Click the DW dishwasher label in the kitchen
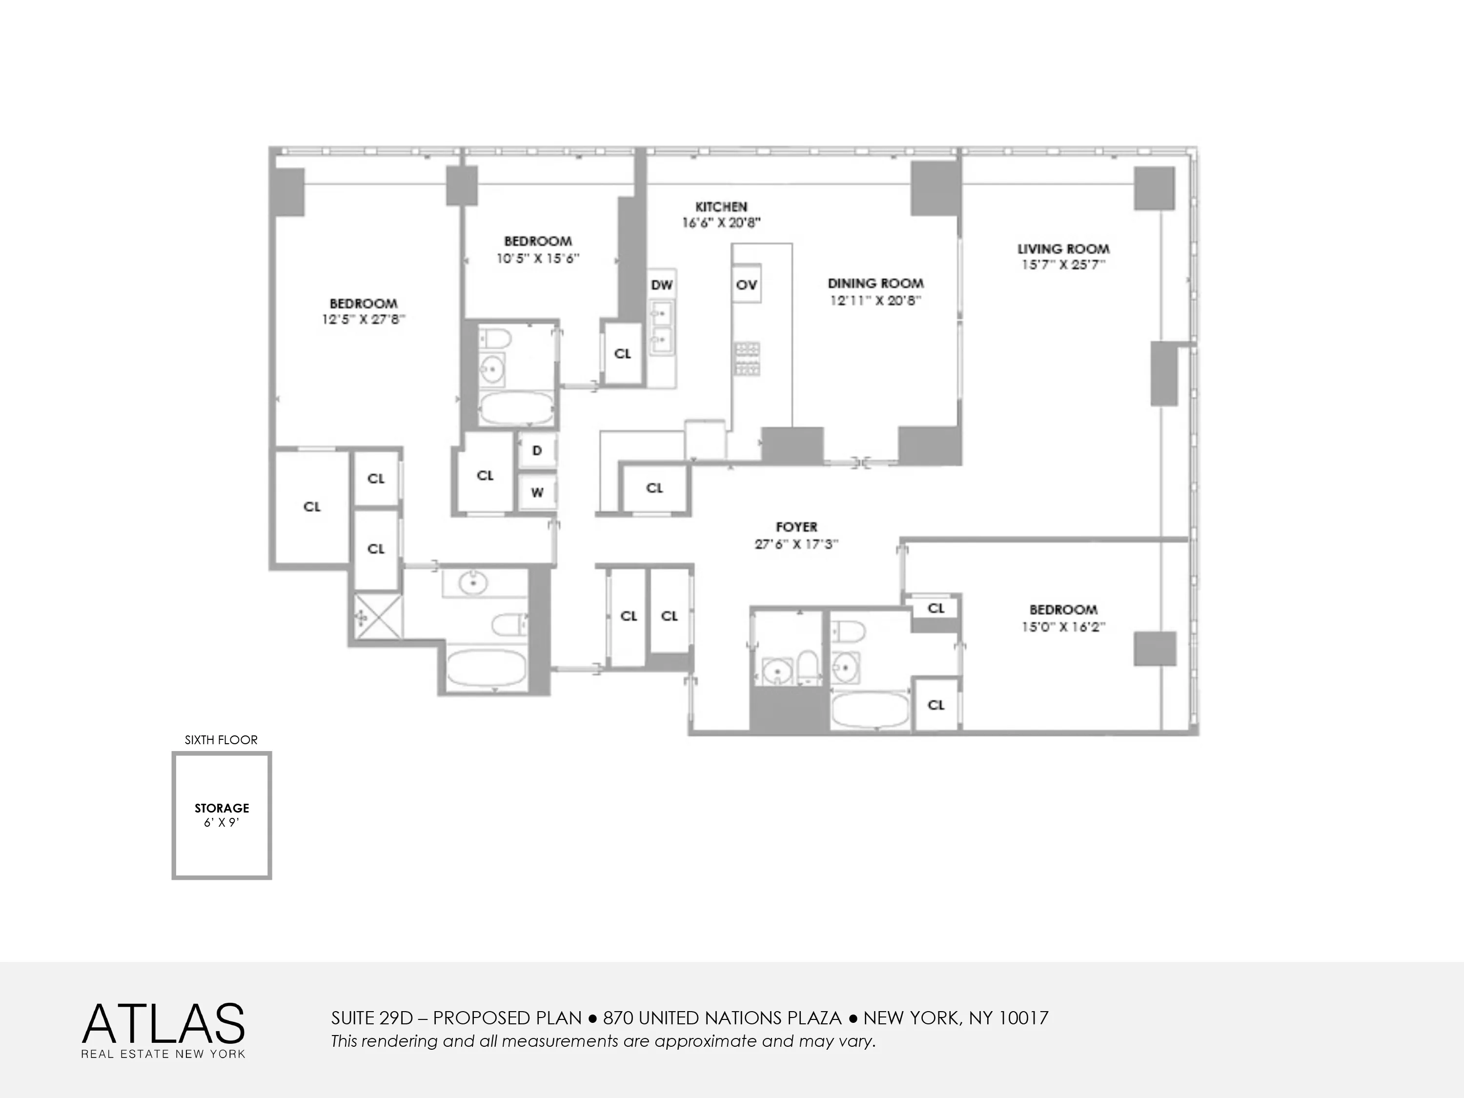(x=661, y=285)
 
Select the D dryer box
(x=537, y=451)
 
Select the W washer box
(x=537, y=492)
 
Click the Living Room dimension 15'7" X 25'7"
(x=1063, y=264)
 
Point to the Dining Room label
(x=875, y=283)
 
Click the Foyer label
(x=796, y=527)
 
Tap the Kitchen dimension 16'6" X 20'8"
(x=721, y=223)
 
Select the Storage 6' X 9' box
(x=222, y=815)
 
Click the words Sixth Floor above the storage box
(x=221, y=740)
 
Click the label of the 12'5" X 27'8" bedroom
(x=364, y=304)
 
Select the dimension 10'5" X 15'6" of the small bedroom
(x=537, y=259)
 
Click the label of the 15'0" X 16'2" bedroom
(x=1062, y=610)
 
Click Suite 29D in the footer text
(x=371, y=1018)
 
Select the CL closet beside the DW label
(x=622, y=353)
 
